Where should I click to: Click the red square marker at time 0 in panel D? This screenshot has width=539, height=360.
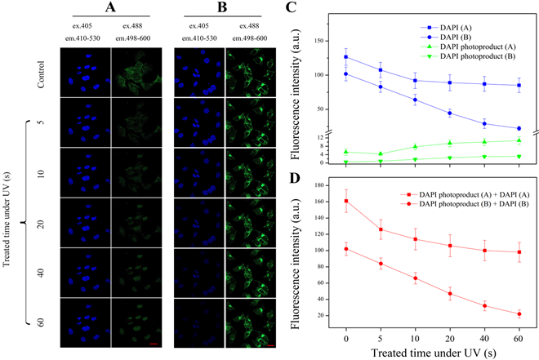pos(346,201)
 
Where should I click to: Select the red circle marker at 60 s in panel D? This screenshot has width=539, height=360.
pos(519,314)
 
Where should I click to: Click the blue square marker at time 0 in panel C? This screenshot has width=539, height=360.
pos(346,57)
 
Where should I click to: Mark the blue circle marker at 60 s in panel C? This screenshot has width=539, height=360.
pos(519,128)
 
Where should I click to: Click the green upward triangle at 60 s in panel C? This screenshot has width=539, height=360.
pos(519,140)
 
